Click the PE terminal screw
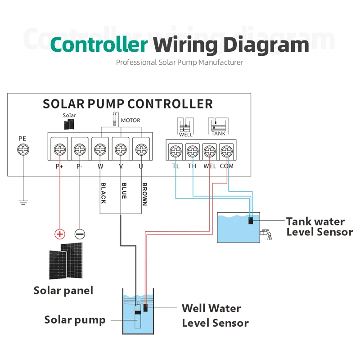coord(22,151)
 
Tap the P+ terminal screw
coord(59,149)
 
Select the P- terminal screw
coord(80,149)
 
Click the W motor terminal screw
coord(100,149)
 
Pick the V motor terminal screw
coord(121,149)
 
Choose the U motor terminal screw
coord(141,149)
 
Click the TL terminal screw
coord(175,151)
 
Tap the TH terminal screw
coord(193,151)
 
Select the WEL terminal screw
coord(210,151)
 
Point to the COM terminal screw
coord(227,151)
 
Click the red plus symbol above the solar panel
coord(59,234)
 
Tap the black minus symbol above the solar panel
coord(80,234)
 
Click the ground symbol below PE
coord(22,201)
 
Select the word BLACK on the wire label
coord(103,193)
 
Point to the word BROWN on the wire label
coord(144,193)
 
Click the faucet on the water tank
coord(266,234)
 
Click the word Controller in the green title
coord(99,45)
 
